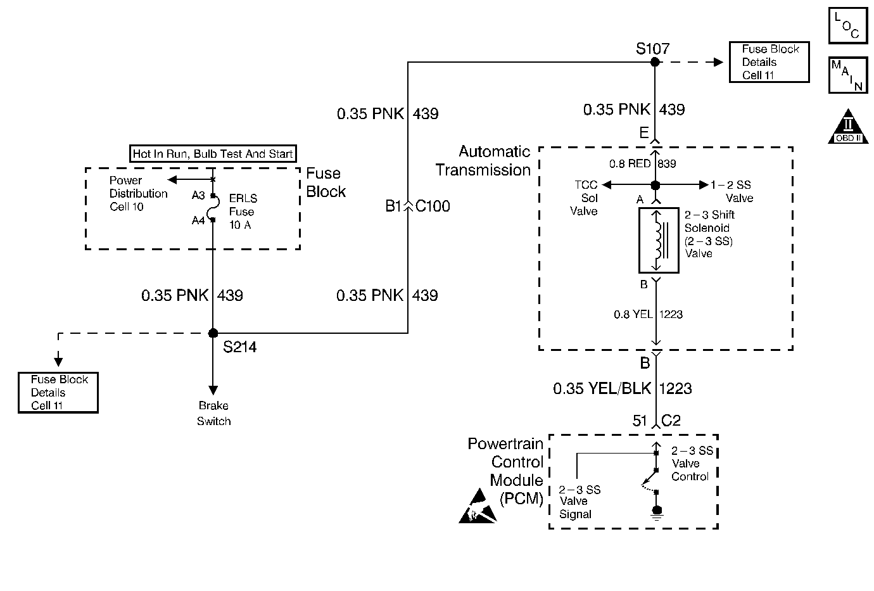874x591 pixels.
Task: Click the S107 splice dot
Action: coord(655,62)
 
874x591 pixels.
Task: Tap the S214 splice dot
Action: coord(213,333)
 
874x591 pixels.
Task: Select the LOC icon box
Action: coord(847,25)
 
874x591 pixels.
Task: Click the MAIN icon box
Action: coord(847,75)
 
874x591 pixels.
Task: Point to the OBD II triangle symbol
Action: coord(847,127)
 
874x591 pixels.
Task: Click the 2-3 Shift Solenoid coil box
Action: coord(659,241)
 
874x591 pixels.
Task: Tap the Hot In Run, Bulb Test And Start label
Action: coord(213,153)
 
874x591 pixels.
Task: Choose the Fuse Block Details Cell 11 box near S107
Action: coord(769,62)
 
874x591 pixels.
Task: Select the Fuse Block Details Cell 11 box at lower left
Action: coord(58,393)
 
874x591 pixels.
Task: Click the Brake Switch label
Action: coord(213,414)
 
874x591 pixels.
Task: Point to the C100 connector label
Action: coord(433,207)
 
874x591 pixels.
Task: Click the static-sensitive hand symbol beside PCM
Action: coord(478,506)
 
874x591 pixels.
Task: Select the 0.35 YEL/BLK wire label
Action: coord(602,388)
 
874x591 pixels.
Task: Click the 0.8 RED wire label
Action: coord(630,164)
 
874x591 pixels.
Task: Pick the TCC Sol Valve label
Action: coord(585,198)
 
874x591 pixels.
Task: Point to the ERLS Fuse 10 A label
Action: coord(242,212)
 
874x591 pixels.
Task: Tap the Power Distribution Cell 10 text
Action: coord(138,193)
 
